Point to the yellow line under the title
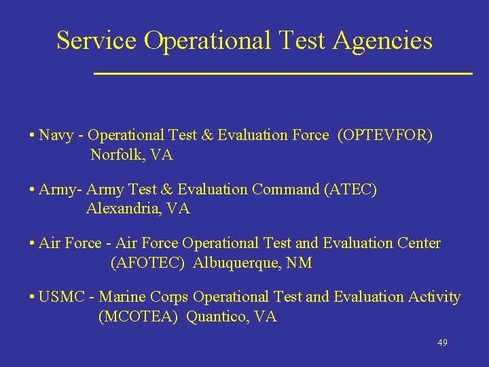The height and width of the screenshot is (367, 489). (x=283, y=72)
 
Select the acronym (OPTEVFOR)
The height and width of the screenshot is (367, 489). (x=384, y=135)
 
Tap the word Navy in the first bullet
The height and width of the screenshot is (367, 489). (x=56, y=135)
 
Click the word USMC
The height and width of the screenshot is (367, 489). (x=67, y=297)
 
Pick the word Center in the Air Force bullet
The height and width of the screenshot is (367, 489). (x=418, y=243)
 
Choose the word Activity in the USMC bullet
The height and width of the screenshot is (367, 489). (x=434, y=298)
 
